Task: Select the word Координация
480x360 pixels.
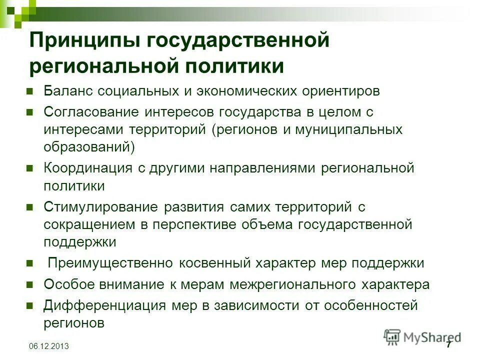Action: pos(88,167)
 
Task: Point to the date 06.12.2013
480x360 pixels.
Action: pos(49,346)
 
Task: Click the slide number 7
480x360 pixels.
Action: pos(448,344)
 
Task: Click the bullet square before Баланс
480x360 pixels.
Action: pos(29,92)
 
